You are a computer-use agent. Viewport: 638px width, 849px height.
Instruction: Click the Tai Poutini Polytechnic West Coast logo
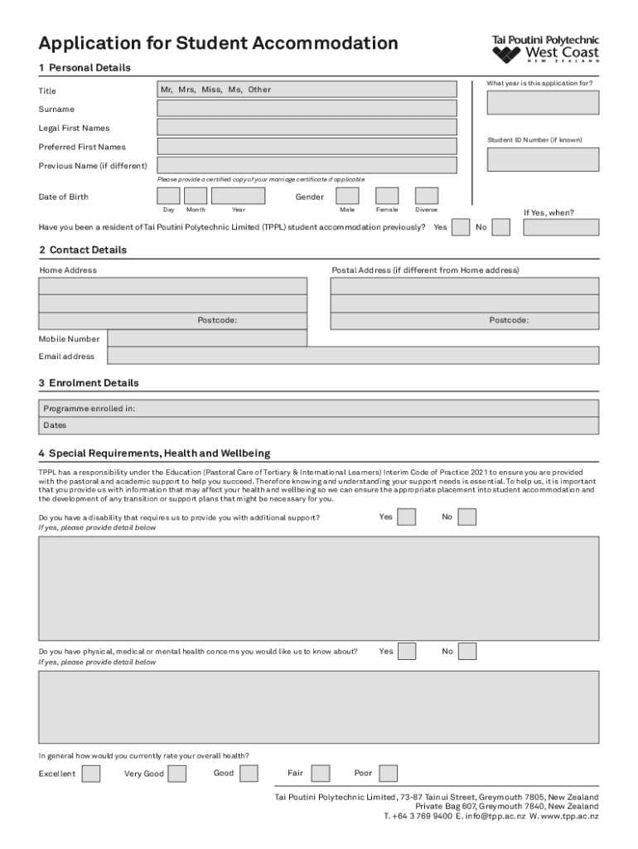pos(545,49)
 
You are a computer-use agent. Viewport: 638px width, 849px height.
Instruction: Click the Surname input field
pos(307,109)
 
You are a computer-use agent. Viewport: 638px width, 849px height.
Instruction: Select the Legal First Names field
pos(307,128)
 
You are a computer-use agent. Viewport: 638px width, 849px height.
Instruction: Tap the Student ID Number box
pos(543,159)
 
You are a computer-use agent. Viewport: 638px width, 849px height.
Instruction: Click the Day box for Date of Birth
pos(168,196)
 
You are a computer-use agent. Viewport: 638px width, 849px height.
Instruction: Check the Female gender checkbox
pos(387,196)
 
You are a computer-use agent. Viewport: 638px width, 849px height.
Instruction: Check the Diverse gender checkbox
pos(426,196)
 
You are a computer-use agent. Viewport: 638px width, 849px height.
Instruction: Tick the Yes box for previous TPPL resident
pos(462,227)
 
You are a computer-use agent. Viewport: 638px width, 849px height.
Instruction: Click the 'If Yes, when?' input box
pos(561,227)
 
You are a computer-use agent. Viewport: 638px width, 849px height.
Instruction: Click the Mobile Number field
pos(207,338)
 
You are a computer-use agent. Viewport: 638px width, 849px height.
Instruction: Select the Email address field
pos(353,356)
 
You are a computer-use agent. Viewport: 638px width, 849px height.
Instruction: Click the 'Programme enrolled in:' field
pos(319,408)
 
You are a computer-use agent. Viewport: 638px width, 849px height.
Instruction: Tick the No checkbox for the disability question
pos(467,517)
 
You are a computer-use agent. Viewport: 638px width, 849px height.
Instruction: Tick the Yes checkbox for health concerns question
pos(407,652)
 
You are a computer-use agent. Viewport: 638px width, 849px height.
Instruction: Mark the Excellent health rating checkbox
pos(92,774)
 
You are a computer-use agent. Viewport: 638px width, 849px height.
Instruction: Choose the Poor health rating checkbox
pos(389,774)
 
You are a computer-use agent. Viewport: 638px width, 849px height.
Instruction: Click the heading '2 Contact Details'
pos(83,250)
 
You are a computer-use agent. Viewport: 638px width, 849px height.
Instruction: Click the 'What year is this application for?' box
pos(543,102)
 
